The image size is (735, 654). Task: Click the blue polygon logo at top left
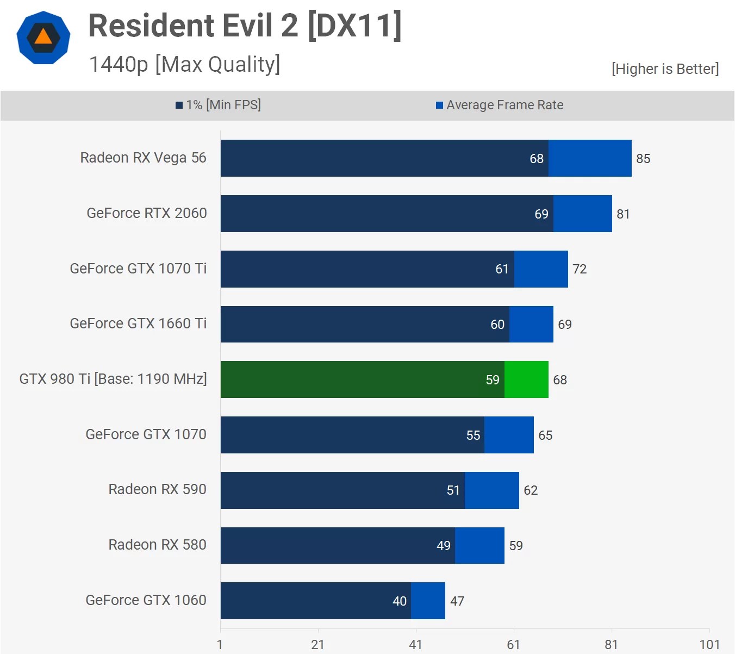pyautogui.click(x=43, y=38)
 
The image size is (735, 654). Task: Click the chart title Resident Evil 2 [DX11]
pyautogui.click(x=245, y=26)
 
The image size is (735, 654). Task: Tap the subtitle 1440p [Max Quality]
pyautogui.click(x=184, y=64)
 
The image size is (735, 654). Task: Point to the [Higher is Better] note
pyautogui.click(x=664, y=69)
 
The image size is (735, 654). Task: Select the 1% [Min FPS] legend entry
pyautogui.click(x=218, y=105)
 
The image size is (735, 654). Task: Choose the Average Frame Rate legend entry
pyautogui.click(x=500, y=105)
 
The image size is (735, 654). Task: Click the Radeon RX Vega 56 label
pyautogui.click(x=143, y=158)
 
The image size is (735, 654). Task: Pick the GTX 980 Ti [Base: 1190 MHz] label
pyautogui.click(x=113, y=379)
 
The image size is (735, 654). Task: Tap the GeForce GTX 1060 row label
pyautogui.click(x=146, y=600)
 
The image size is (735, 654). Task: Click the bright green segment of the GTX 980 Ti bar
pyautogui.click(x=526, y=379)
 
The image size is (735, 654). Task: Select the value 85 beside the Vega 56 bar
pyautogui.click(x=643, y=159)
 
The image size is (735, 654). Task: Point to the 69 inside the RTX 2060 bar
pyautogui.click(x=541, y=214)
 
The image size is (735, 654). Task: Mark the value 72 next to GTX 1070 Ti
pyautogui.click(x=580, y=269)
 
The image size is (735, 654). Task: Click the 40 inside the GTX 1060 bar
pyautogui.click(x=400, y=601)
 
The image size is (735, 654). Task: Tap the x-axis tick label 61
pyautogui.click(x=514, y=645)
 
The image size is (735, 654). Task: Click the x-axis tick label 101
pyautogui.click(x=709, y=645)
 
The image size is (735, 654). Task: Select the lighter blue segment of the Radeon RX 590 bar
pyautogui.click(x=492, y=490)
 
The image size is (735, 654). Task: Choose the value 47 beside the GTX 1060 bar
pyautogui.click(x=457, y=601)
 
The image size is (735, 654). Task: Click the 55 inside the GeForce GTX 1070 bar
pyautogui.click(x=473, y=435)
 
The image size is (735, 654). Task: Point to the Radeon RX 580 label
pyautogui.click(x=157, y=545)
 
